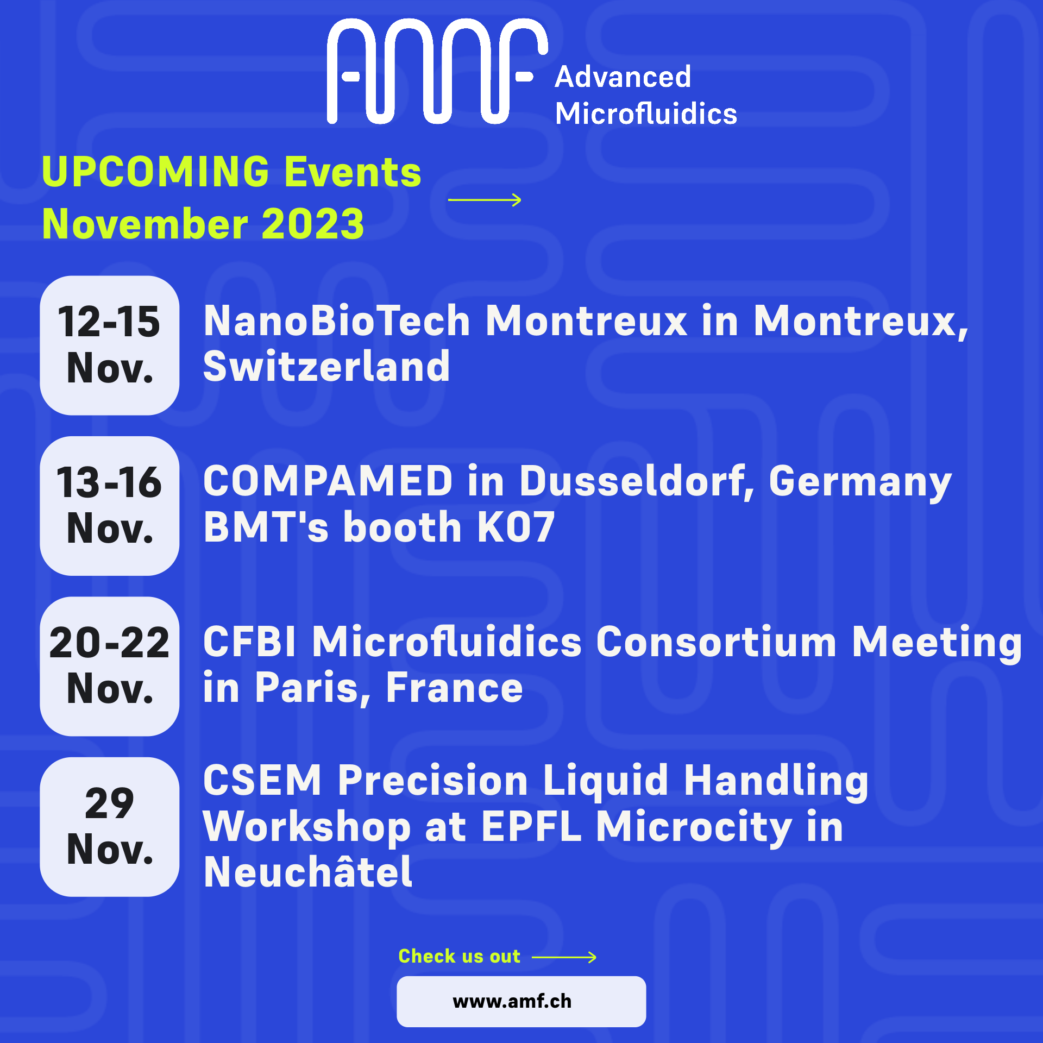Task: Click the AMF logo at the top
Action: click(x=437, y=71)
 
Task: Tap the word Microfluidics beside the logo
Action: click(x=646, y=114)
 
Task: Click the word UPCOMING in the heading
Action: click(x=156, y=172)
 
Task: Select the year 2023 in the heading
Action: click(x=312, y=224)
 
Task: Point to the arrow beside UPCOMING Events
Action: click(x=485, y=200)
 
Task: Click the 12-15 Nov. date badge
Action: click(x=110, y=345)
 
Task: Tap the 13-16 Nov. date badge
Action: click(x=110, y=506)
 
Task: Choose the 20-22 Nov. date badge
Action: click(x=110, y=667)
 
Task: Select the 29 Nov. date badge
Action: click(x=110, y=827)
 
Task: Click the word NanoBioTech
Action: click(x=337, y=321)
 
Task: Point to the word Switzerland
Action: click(x=326, y=367)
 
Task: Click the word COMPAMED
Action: click(x=328, y=481)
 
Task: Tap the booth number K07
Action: click(x=516, y=527)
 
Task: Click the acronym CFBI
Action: click(x=250, y=642)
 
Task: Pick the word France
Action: click(x=454, y=688)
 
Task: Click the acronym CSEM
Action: click(x=262, y=780)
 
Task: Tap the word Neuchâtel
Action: click(x=308, y=871)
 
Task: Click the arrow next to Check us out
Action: click(x=564, y=957)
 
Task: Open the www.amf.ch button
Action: click(x=521, y=1001)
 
